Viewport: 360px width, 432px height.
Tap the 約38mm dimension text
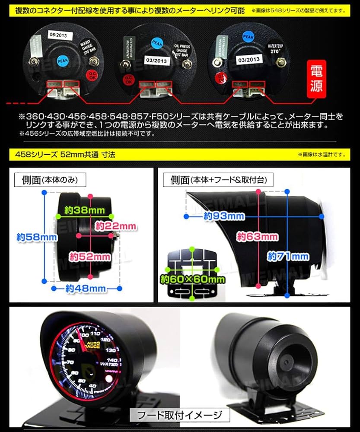(x=84, y=210)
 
